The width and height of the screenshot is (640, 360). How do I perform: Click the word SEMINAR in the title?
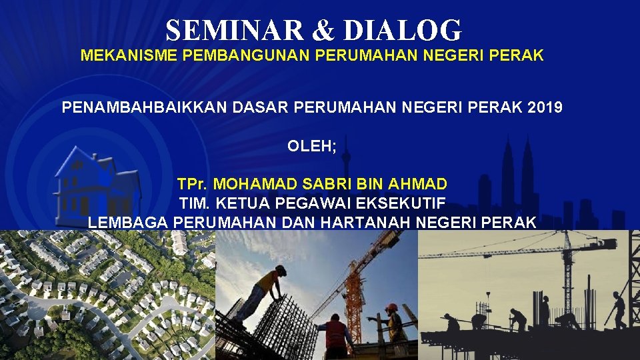coord(235,30)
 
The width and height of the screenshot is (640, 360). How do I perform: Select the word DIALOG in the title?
coord(403,30)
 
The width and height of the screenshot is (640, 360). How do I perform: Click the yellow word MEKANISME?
coord(129,55)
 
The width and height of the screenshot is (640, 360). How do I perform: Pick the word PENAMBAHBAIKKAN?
coord(144,107)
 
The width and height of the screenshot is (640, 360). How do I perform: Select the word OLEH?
coord(312,146)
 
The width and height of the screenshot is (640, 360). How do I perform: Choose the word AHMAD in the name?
coord(417,184)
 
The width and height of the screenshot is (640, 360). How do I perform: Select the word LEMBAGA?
coord(128,223)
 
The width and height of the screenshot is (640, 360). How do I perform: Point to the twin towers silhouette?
coord(517,179)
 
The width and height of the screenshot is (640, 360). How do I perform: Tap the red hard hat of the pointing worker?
coord(391,307)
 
